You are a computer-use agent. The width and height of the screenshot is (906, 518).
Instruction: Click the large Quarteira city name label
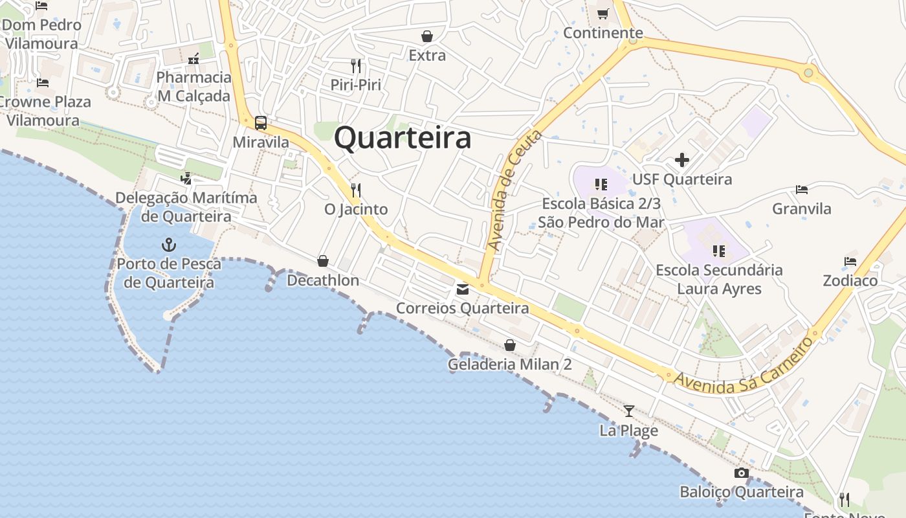403,138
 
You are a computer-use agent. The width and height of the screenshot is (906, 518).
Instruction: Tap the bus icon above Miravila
261,123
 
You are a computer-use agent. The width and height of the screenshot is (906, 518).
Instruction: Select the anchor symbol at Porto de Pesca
168,245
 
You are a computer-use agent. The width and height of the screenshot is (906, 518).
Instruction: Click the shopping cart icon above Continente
602,14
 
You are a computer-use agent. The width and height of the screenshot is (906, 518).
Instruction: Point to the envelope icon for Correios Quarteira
463,289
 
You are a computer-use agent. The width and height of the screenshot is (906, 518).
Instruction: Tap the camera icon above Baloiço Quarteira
742,473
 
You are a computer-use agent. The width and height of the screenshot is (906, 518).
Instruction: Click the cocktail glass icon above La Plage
628,411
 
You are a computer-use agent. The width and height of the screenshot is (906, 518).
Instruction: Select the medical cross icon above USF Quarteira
681,160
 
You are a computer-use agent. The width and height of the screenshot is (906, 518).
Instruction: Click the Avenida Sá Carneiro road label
743,367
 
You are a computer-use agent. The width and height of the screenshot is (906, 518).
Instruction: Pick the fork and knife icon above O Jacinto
355,190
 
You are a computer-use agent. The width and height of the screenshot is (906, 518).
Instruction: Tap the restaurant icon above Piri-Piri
355,65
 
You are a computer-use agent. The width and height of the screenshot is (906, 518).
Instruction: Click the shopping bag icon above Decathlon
322,261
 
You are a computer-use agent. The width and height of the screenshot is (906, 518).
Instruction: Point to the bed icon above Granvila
802,190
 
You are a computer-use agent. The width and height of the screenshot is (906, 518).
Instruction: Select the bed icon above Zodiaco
850,262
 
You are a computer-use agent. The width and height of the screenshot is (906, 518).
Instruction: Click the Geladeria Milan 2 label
509,365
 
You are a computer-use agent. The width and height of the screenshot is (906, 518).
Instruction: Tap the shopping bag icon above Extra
427,36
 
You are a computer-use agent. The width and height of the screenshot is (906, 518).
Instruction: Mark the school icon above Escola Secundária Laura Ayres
719,251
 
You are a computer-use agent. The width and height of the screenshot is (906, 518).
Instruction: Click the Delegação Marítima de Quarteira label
186,207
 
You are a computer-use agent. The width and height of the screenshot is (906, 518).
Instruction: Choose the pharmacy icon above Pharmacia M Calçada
193,59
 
